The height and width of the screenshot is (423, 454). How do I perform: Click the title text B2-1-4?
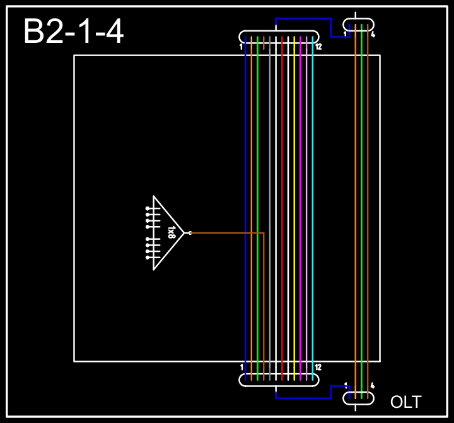click(73, 32)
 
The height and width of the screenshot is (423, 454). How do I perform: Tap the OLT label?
click(405, 402)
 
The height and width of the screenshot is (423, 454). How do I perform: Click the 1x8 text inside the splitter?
click(171, 232)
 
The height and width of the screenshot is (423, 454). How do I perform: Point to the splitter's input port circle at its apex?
click(190, 233)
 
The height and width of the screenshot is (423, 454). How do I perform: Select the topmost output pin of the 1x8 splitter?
click(148, 208)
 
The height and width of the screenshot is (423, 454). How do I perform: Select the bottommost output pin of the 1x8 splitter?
click(148, 258)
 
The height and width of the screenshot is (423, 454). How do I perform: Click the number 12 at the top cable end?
click(318, 47)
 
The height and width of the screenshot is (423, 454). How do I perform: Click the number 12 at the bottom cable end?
click(318, 367)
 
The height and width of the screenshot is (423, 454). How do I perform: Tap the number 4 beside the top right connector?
click(373, 35)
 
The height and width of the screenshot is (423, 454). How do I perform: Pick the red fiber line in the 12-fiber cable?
click(282, 158)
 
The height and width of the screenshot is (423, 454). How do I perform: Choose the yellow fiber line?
click(294, 158)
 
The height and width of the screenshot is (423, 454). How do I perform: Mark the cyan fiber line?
click(313, 158)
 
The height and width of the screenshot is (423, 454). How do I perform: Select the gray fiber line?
click(270, 158)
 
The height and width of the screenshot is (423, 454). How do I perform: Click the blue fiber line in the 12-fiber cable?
click(245, 158)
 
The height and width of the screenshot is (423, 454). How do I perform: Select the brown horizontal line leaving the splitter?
click(227, 233)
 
